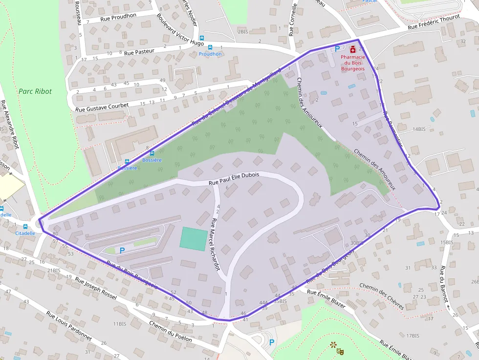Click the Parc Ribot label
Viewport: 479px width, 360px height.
click(35, 91)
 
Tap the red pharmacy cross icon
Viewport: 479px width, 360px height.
click(353, 49)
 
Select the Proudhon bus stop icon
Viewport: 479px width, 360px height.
click(210, 47)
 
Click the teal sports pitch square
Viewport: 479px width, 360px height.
click(193, 239)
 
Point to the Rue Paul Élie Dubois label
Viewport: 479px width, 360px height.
click(234, 179)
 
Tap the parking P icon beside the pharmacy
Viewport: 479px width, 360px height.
click(337, 49)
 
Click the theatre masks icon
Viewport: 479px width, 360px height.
click(337, 348)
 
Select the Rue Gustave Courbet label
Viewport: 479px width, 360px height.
click(102, 106)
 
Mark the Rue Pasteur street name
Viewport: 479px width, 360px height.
click(139, 51)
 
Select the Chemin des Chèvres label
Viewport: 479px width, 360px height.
click(382, 296)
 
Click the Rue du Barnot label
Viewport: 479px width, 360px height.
click(444, 287)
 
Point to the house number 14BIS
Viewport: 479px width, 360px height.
click(419, 129)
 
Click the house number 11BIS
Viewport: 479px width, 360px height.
click(120, 324)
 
